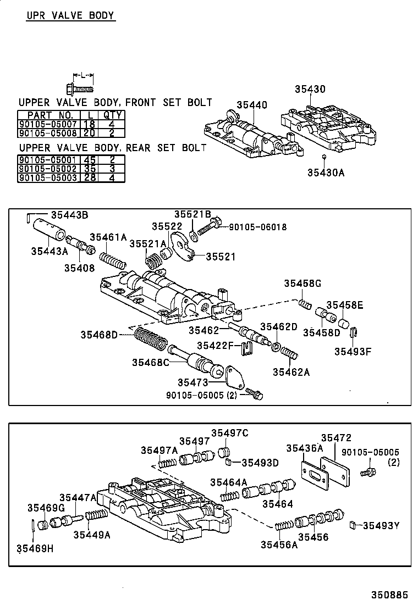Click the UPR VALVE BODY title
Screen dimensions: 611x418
[71, 15]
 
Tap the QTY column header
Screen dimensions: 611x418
[113, 115]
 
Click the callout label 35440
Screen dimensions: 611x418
[252, 105]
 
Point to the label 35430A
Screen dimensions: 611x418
[326, 173]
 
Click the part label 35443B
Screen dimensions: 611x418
[69, 215]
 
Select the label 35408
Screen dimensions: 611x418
[79, 268]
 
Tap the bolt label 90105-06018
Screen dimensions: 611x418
[258, 226]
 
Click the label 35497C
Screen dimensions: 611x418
[230, 433]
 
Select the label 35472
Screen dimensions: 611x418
[336, 437]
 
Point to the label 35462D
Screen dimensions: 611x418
[278, 326]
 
